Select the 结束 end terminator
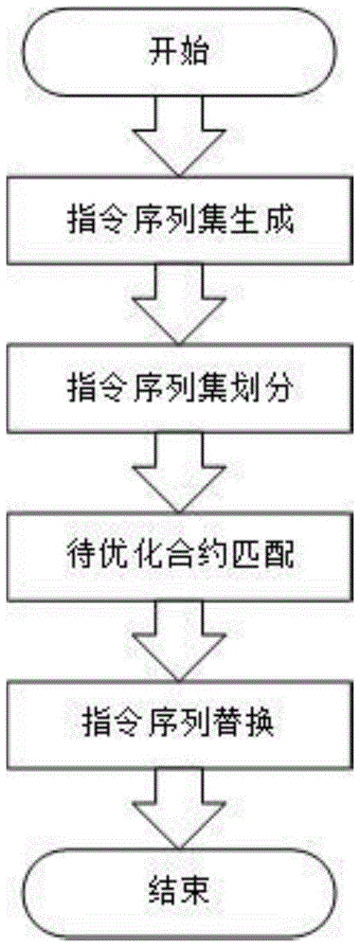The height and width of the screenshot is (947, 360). (x=179, y=891)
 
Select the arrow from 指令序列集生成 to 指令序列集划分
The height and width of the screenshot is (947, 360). (x=179, y=305)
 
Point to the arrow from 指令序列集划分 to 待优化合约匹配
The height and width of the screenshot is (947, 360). (x=179, y=473)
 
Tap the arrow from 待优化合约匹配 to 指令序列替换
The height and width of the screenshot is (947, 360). (x=179, y=640)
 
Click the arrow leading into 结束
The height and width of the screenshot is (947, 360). (x=179, y=807)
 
